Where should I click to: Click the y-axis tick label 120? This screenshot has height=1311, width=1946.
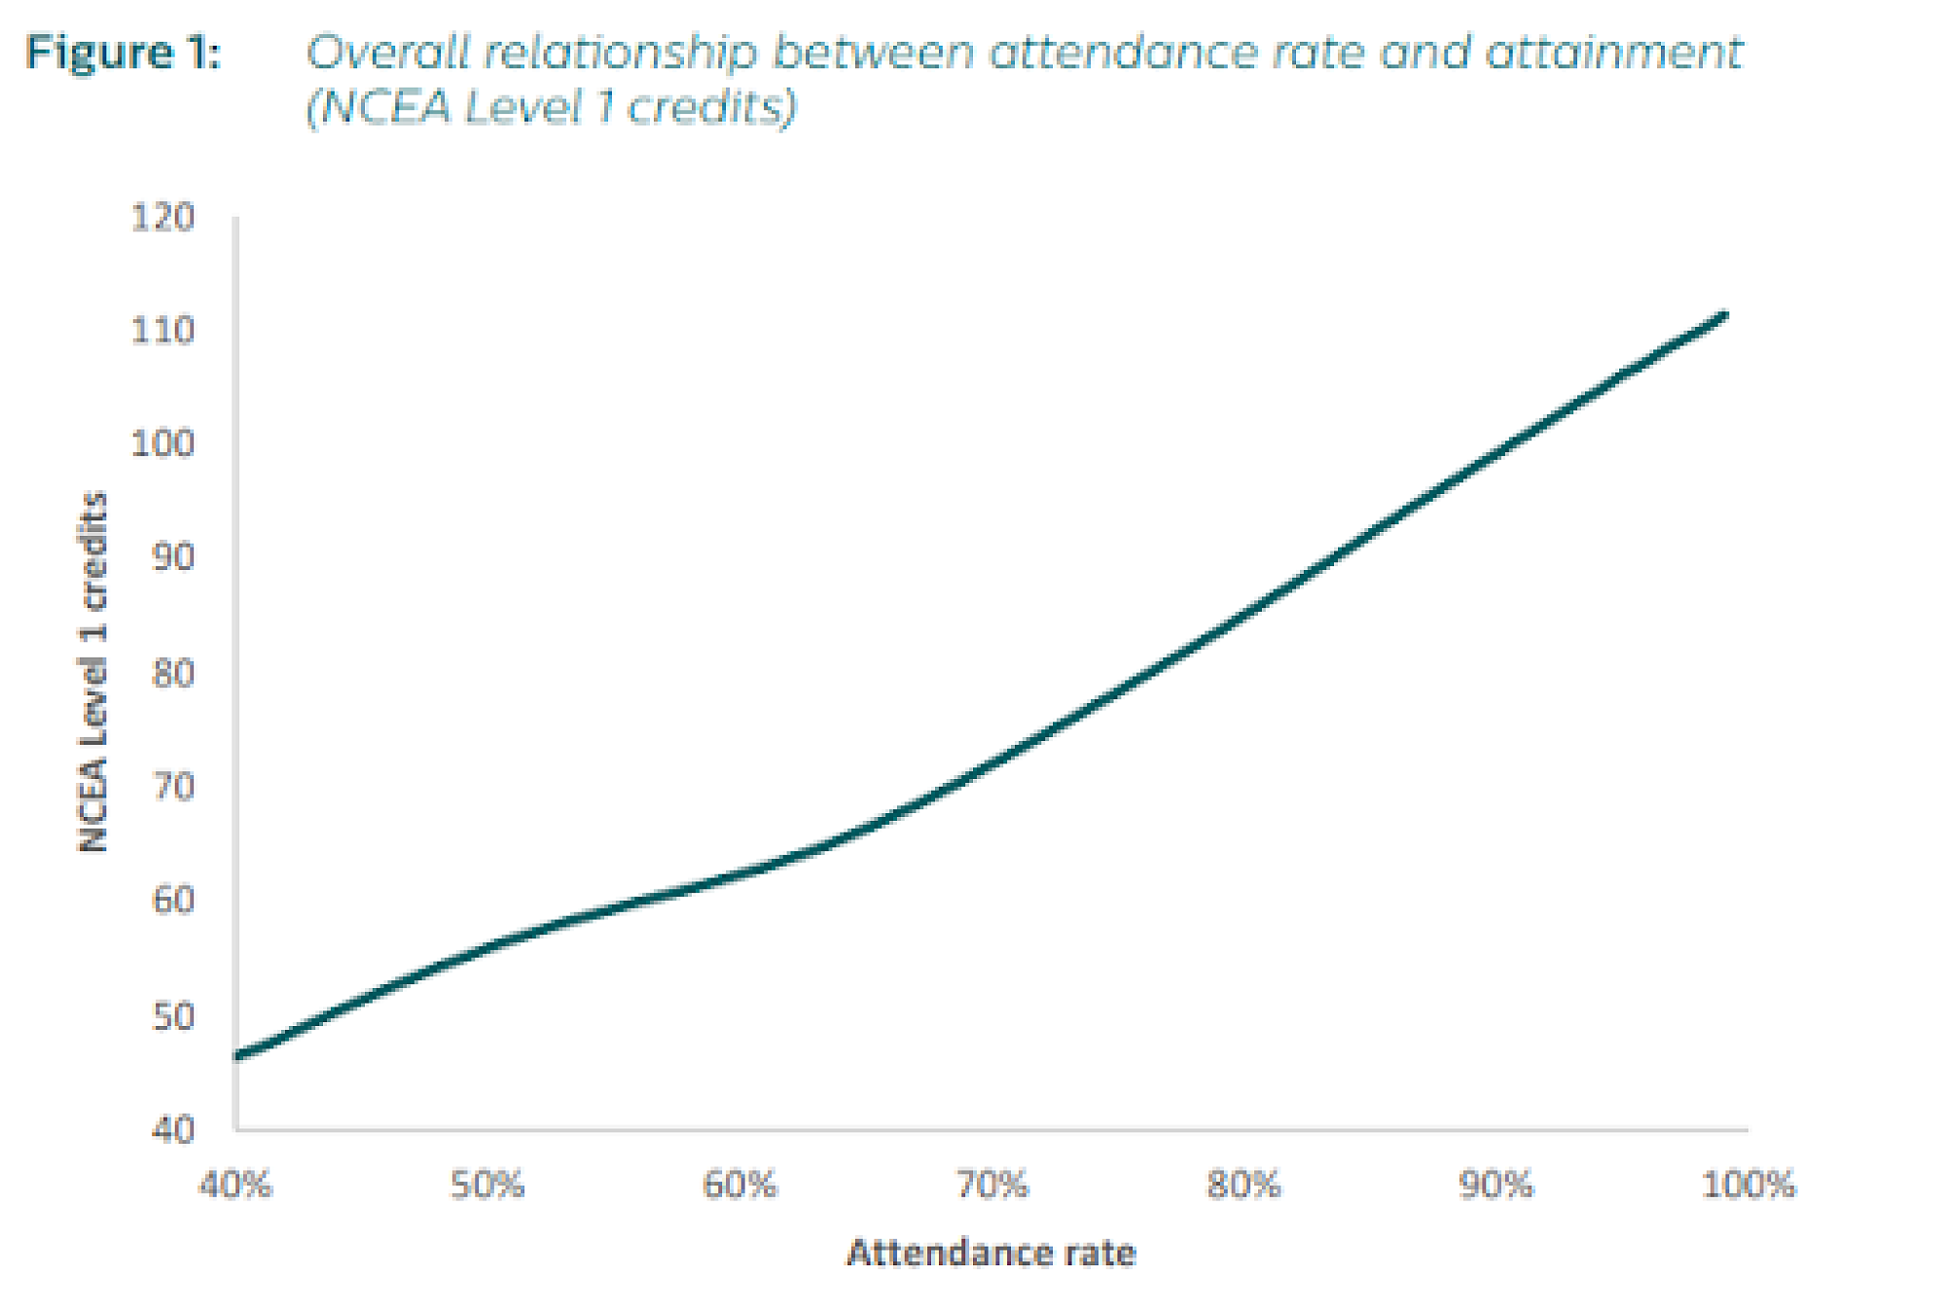pyautogui.click(x=162, y=217)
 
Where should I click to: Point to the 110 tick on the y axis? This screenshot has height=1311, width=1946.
pyautogui.click(x=162, y=331)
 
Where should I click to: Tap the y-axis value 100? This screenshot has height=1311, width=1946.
pyautogui.click(x=162, y=444)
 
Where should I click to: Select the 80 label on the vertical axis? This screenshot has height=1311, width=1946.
pyautogui.click(x=172, y=673)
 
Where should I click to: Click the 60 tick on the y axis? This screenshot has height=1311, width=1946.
pyautogui.click(x=172, y=901)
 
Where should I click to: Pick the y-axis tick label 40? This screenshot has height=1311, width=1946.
pyautogui.click(x=172, y=1130)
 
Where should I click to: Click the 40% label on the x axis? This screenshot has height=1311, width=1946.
pyautogui.click(x=235, y=1186)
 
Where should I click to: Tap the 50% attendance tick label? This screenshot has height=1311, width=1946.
pyautogui.click(x=487, y=1186)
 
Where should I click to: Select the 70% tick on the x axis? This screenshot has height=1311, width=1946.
pyautogui.click(x=991, y=1186)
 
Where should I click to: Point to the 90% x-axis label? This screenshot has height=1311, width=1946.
pyautogui.click(x=1496, y=1186)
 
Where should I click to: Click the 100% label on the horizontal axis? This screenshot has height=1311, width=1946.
pyautogui.click(x=1748, y=1186)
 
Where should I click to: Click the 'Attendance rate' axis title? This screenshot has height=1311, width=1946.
pyautogui.click(x=991, y=1253)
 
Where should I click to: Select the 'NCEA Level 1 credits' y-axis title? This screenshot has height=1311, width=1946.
pyautogui.click(x=93, y=673)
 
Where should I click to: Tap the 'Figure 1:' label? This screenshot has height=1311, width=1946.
pyautogui.click(x=124, y=53)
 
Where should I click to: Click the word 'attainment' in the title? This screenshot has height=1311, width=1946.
pyautogui.click(x=1613, y=53)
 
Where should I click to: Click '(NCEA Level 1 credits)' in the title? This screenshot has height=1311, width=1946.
pyautogui.click(x=551, y=107)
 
